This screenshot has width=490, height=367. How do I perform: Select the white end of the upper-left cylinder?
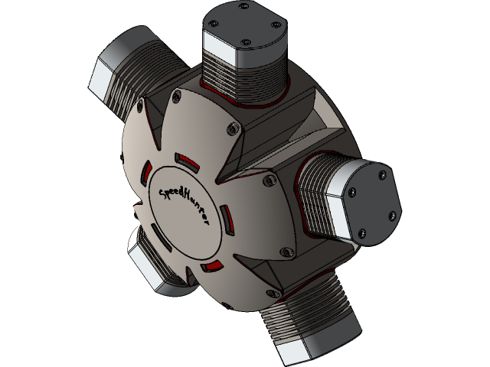point(104,80)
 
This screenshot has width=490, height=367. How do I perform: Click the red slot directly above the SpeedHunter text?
point(187,162)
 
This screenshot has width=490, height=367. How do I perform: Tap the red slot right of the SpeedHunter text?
point(225,219)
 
